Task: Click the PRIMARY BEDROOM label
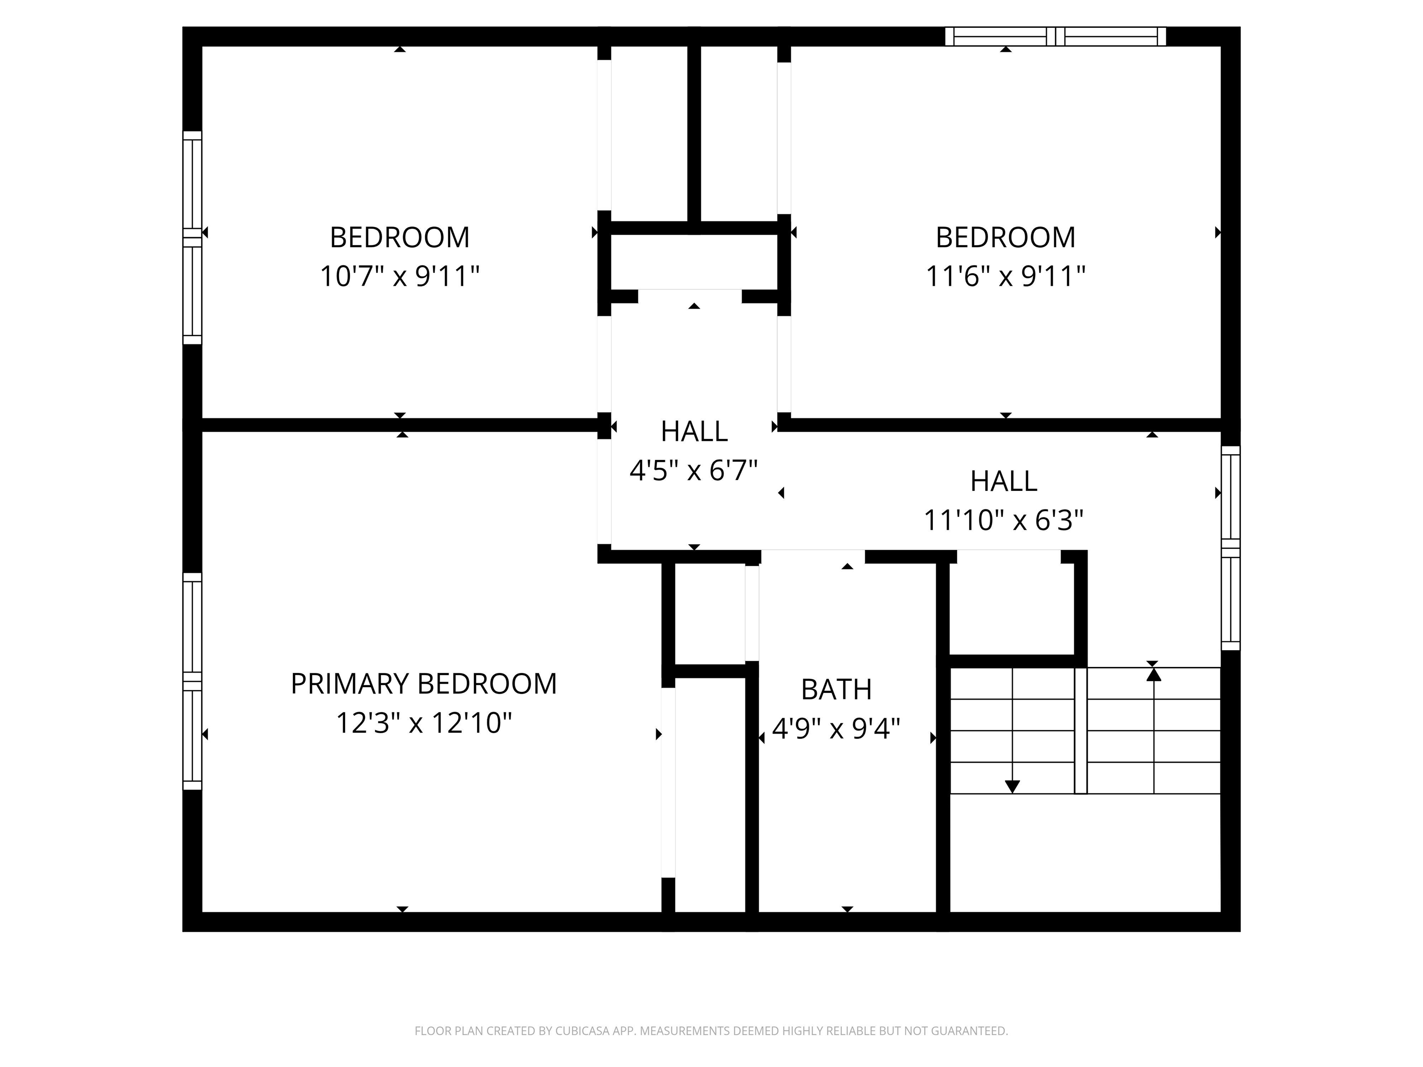point(423,684)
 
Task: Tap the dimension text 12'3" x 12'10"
point(423,723)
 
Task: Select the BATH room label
point(836,690)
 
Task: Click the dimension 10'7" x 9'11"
point(399,276)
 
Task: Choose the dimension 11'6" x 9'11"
point(1005,276)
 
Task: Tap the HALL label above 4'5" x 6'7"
point(694,432)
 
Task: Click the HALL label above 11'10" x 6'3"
point(1004,481)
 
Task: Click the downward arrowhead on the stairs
point(1012,786)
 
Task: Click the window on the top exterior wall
point(1055,37)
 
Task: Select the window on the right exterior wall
point(1230,548)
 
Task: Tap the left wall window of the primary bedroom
point(192,681)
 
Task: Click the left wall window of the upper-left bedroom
point(192,238)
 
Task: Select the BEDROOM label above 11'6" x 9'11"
point(1005,237)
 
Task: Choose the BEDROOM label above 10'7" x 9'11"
point(399,237)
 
